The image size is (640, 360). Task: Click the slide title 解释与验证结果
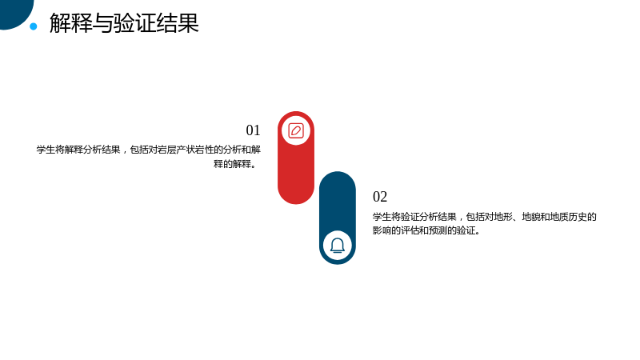124,23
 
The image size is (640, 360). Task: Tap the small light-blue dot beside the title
34,26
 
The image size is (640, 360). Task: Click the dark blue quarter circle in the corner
14,12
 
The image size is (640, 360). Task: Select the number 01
253,130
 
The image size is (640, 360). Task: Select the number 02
380,197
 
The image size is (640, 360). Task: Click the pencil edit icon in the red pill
296,130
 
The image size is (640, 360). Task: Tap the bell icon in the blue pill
338,246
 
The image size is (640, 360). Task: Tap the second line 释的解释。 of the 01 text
237,164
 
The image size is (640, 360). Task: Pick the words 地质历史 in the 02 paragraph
569,217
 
